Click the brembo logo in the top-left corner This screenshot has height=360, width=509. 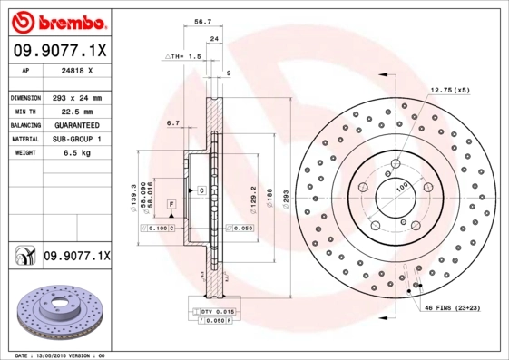(x=56, y=20)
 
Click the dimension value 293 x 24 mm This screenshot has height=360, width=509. (x=75, y=97)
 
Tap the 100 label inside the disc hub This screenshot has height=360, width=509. (x=400, y=188)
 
